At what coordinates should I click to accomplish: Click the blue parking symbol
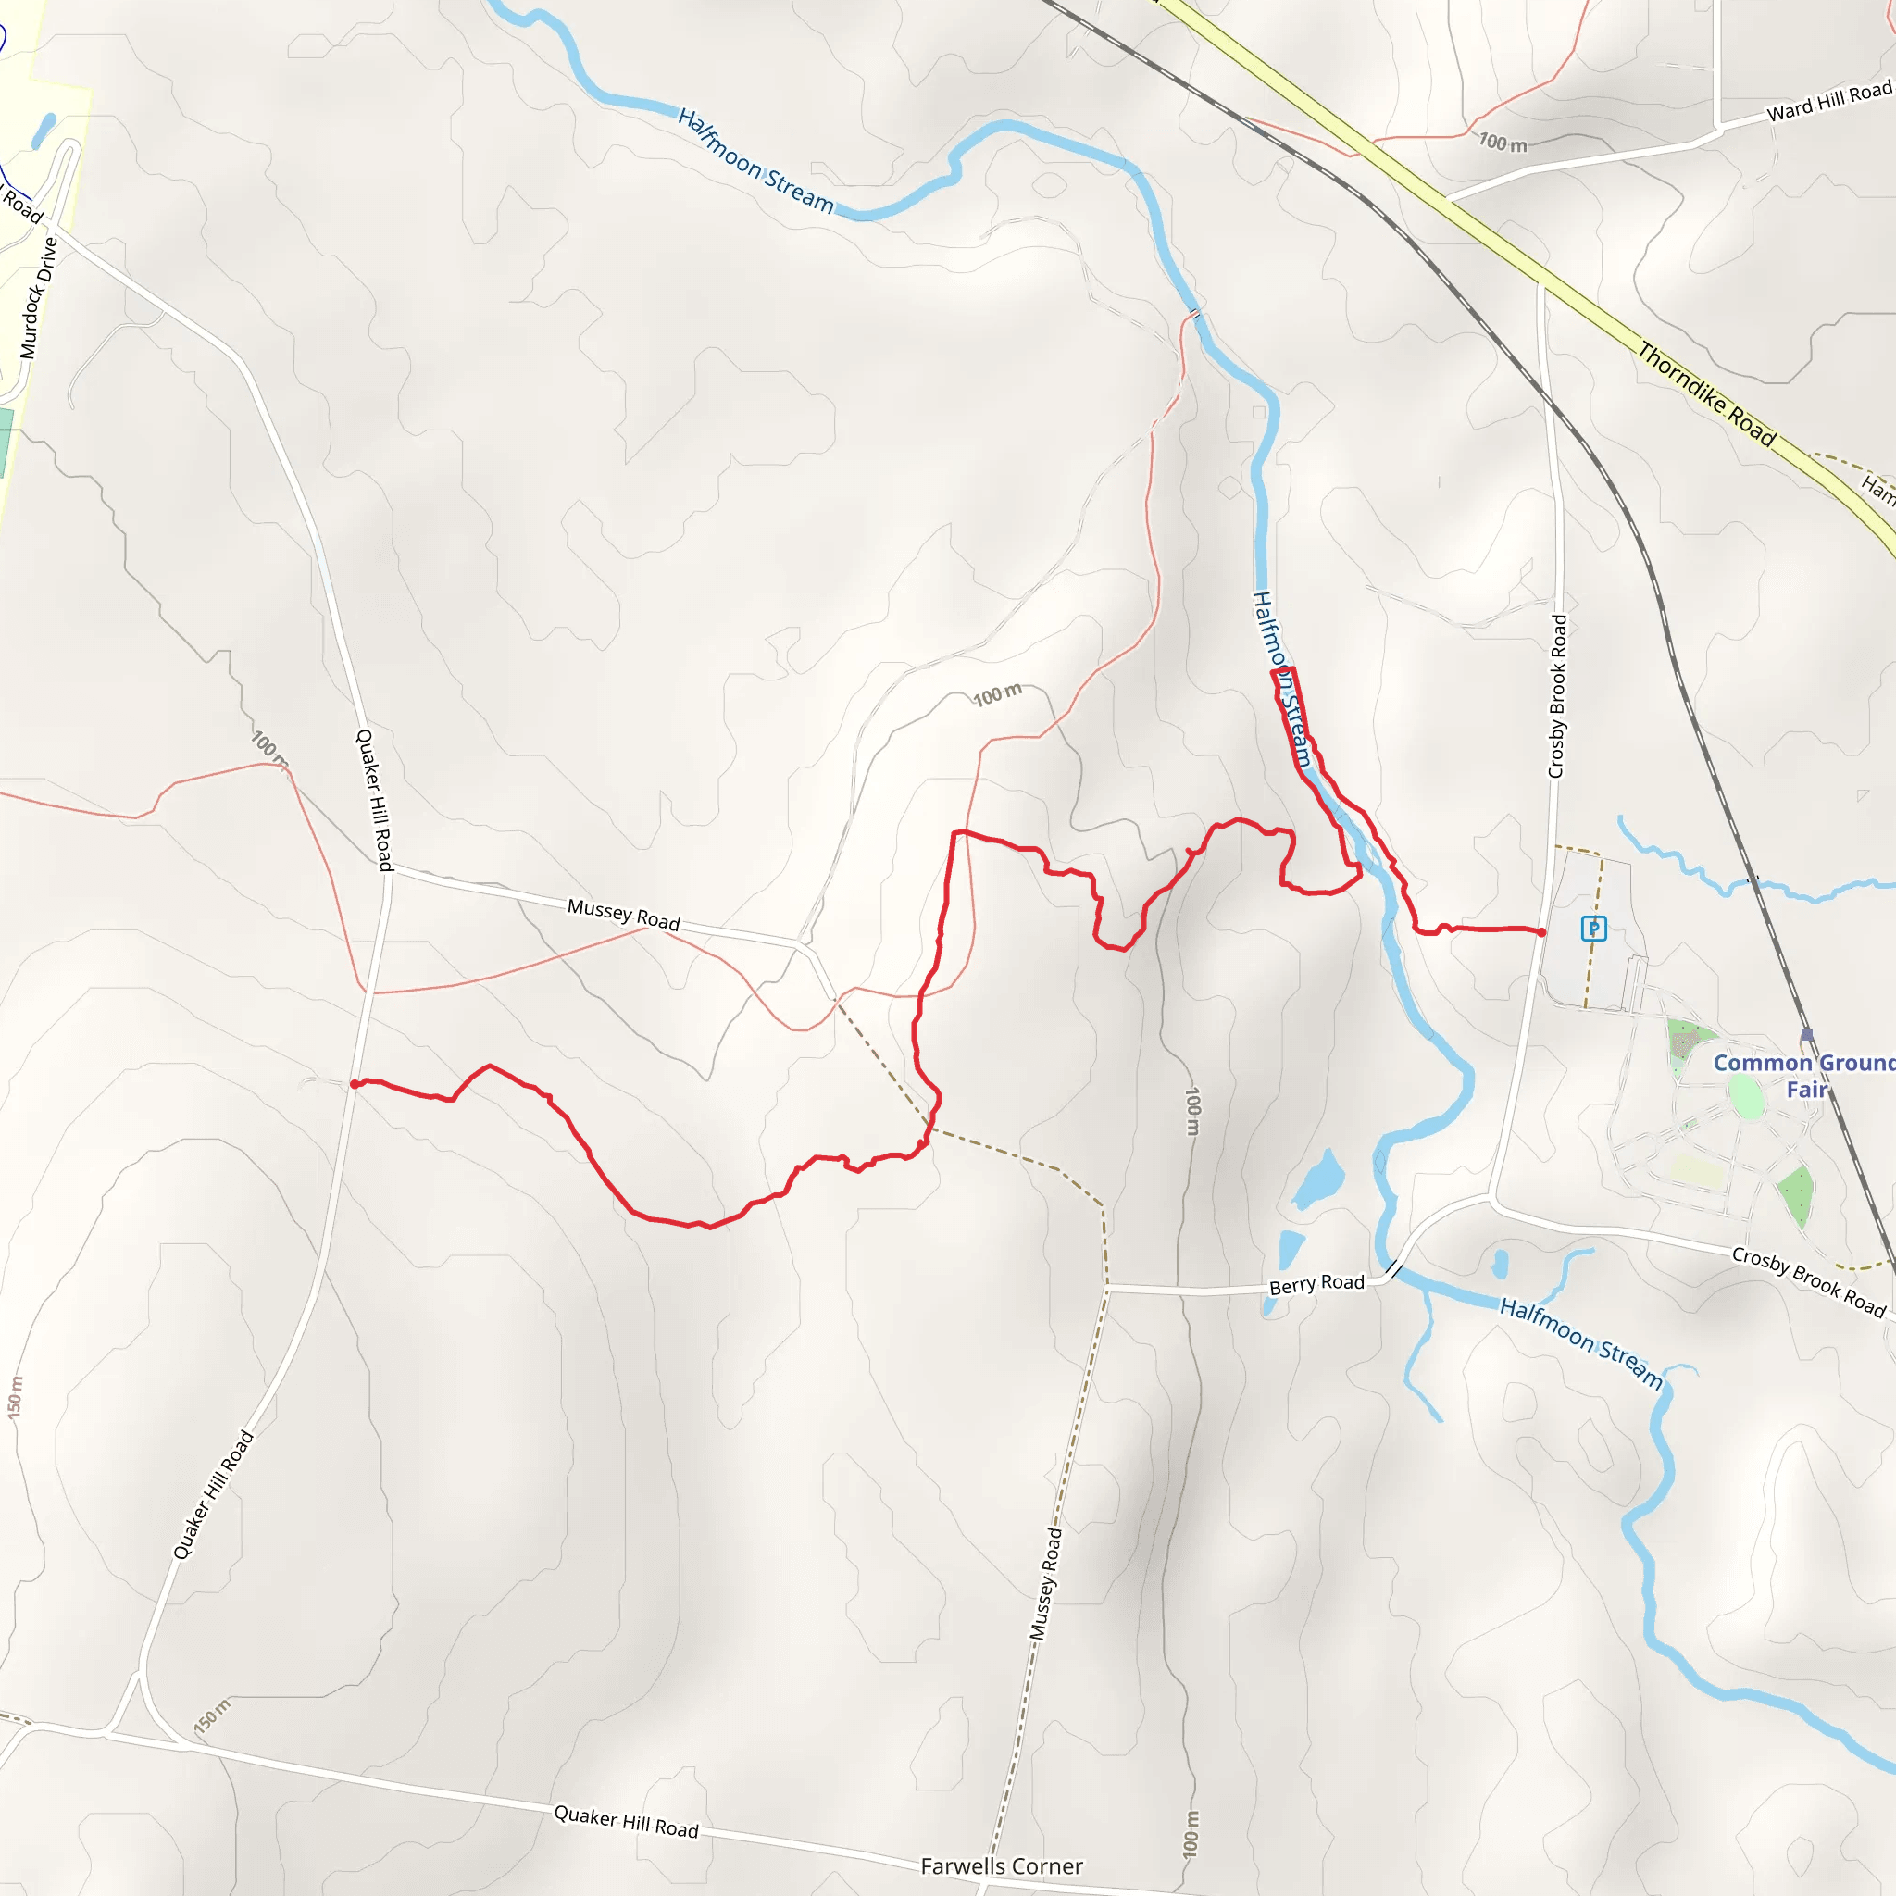[x=1594, y=928]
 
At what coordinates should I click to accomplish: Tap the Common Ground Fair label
[x=1803, y=1076]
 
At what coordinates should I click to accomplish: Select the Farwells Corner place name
[x=1001, y=1865]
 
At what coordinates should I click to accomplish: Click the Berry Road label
[x=1316, y=1284]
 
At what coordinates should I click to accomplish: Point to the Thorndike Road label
[x=1705, y=394]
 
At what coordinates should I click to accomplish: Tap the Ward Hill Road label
[x=1828, y=101]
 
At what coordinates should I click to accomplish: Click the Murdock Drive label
[x=39, y=297]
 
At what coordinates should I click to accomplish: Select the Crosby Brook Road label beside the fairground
[x=1808, y=1281]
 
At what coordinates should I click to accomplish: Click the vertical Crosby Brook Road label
[x=1557, y=696]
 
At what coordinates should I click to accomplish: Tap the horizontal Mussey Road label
[x=623, y=914]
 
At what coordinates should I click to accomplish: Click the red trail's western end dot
[x=355, y=1083]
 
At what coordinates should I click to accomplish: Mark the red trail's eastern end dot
[x=1541, y=931]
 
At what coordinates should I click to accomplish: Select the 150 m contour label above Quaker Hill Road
[x=212, y=1715]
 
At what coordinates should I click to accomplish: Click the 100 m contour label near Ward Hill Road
[x=1503, y=143]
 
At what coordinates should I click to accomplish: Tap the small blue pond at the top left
[x=44, y=130]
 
